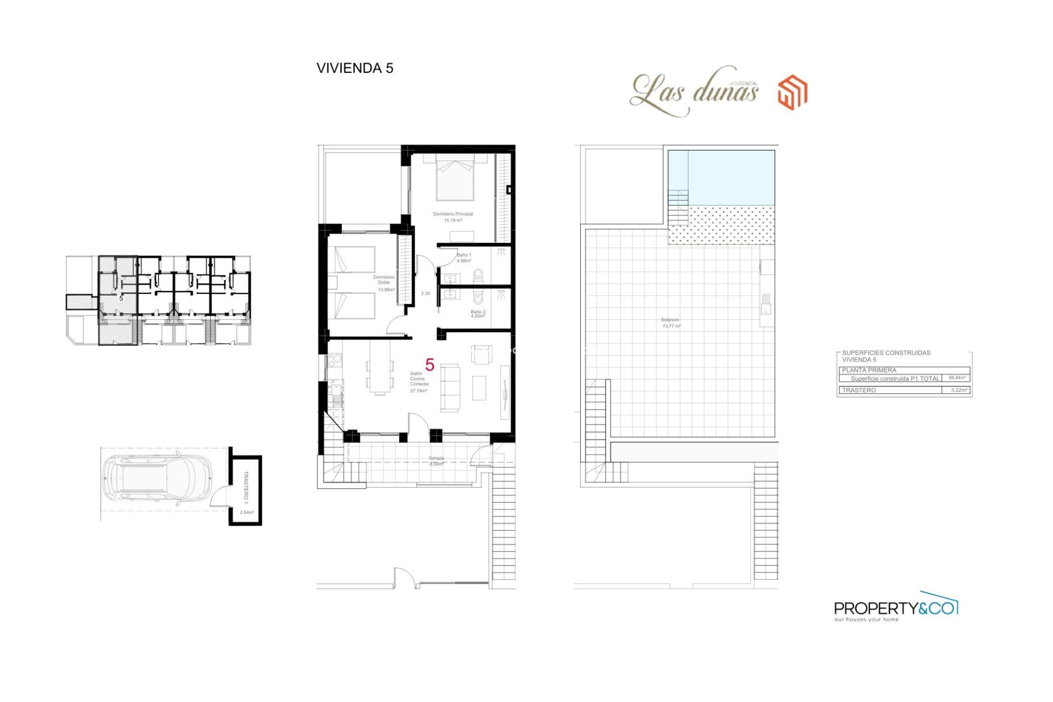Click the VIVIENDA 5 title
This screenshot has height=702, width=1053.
click(x=354, y=68)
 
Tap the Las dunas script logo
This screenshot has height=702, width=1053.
click(x=695, y=92)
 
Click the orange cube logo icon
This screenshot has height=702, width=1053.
click(x=792, y=92)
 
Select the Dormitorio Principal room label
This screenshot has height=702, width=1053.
click(x=452, y=217)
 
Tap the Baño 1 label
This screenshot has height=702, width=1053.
click(x=464, y=257)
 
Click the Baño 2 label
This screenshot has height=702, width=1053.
click(x=478, y=314)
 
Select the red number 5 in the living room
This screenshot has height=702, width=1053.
click(x=430, y=365)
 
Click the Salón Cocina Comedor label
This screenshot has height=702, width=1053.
click(x=419, y=382)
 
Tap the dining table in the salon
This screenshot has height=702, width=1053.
click(x=380, y=367)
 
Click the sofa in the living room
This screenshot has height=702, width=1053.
click(x=450, y=388)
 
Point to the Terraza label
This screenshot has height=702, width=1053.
click(x=436, y=461)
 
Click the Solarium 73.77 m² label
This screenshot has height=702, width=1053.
click(x=671, y=322)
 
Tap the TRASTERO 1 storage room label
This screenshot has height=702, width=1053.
click(x=246, y=487)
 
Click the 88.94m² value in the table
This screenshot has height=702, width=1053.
click(x=957, y=378)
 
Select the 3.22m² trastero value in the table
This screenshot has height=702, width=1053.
click(x=958, y=390)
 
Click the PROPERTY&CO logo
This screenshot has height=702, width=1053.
click(x=896, y=608)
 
